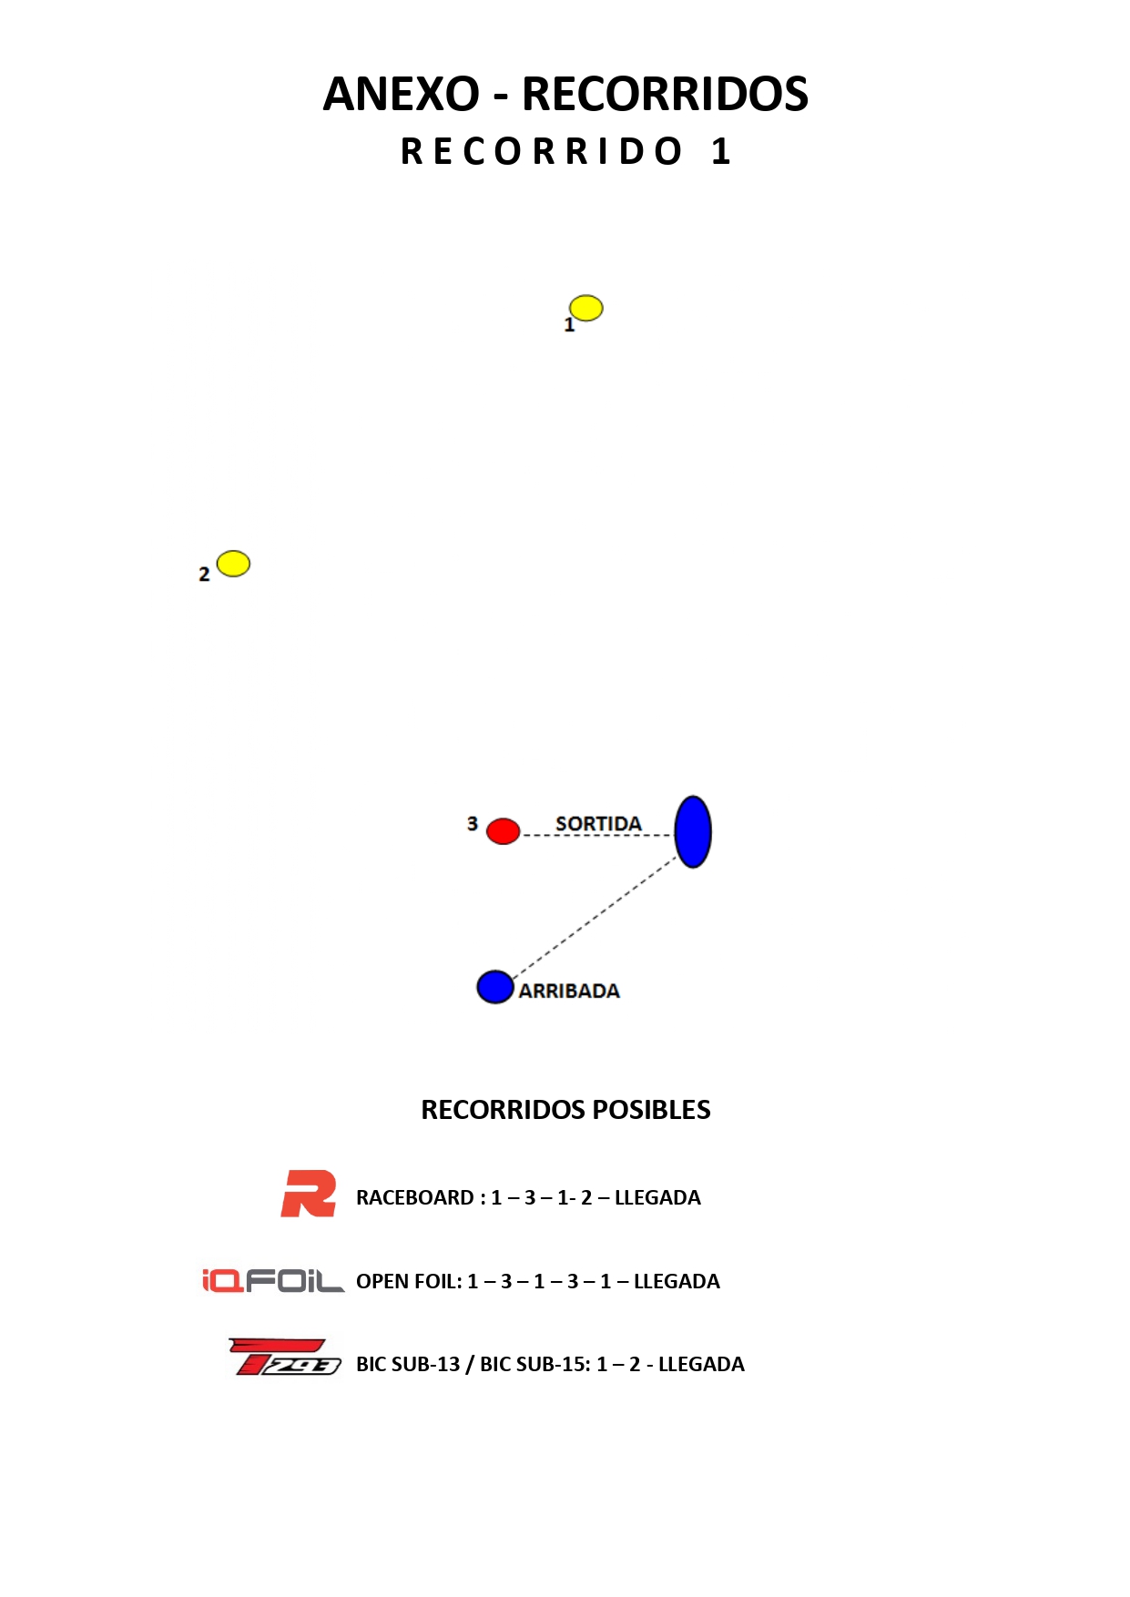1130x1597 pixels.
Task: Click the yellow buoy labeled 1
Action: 585,308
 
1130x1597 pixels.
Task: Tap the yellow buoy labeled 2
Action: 233,564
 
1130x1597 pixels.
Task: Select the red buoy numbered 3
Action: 503,830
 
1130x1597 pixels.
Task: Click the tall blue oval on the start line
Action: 692,831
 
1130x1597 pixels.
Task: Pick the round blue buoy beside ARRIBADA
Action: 494,986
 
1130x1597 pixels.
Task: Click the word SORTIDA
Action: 598,823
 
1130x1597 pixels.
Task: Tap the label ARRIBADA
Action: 569,991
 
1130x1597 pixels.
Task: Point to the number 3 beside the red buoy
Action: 472,823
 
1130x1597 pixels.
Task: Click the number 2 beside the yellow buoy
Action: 204,574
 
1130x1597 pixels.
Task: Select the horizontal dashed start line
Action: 596,835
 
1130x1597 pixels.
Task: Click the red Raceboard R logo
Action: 309,1194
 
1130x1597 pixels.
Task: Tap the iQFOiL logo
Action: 272,1280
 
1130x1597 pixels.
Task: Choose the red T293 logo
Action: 285,1357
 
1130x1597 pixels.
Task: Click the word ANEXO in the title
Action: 401,94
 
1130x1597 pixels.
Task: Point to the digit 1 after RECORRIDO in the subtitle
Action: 720,151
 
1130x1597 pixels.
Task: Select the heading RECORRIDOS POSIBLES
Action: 565,1109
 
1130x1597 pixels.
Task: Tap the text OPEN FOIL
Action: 407,1281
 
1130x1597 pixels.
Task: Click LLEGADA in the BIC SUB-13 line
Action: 701,1364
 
